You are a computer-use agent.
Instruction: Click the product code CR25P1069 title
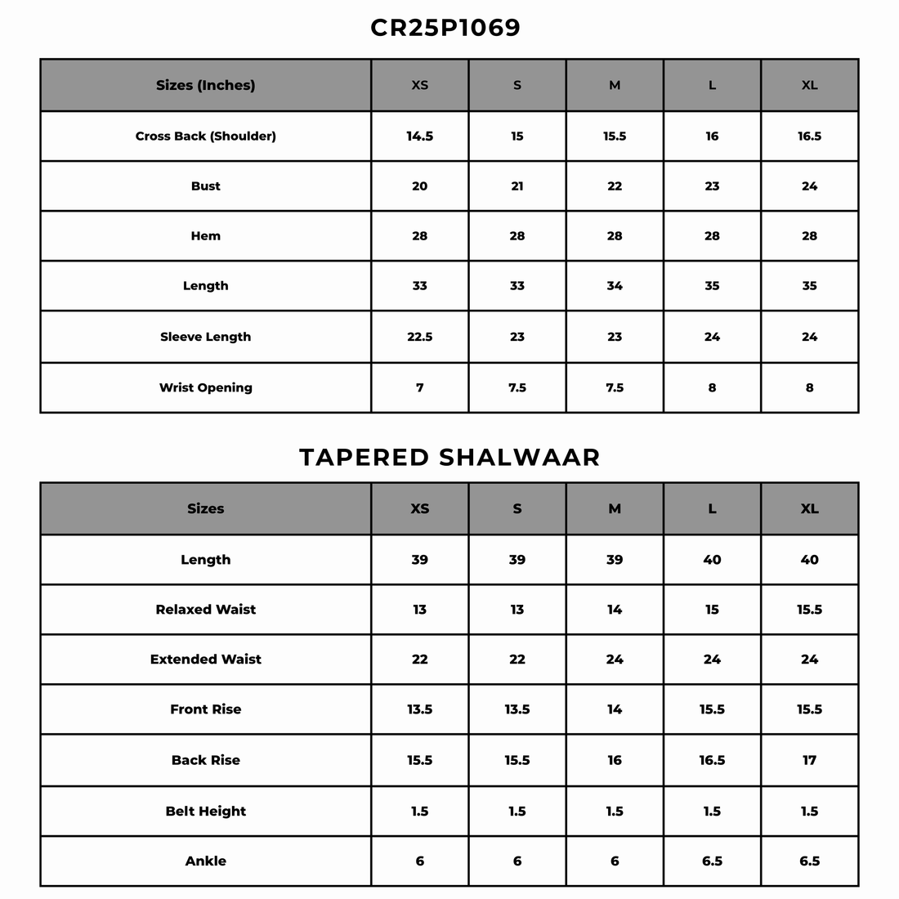coord(445,28)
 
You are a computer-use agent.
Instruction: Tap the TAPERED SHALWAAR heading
coord(449,457)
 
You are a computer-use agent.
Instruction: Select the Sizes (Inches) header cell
coord(205,85)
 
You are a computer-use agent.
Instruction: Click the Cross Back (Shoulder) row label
coord(205,136)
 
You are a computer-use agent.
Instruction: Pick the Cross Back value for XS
coord(419,136)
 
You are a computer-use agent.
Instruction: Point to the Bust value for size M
coord(615,186)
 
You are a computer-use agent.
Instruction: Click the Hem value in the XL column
coord(809,236)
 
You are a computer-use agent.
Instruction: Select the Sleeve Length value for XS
coord(419,337)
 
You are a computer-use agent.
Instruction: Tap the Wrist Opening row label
coord(205,387)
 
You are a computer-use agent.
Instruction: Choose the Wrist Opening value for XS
coord(419,387)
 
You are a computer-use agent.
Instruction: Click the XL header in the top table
coord(809,85)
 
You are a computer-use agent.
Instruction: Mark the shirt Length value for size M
coord(615,286)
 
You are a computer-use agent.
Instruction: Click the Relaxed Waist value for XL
coord(809,610)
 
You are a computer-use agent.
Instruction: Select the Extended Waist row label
coord(205,660)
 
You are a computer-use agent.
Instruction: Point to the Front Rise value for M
coord(615,709)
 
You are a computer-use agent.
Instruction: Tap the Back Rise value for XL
coord(809,760)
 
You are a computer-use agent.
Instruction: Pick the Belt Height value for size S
coord(517,812)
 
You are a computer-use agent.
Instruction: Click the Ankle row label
coord(205,861)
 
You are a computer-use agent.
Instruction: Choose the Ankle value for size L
coord(712,861)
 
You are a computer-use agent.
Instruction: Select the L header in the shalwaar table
coord(712,508)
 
